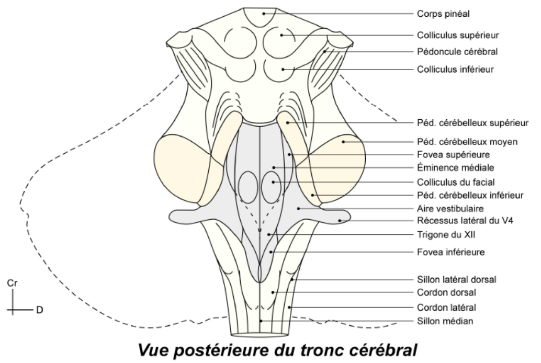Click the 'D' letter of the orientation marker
(x=39, y=310)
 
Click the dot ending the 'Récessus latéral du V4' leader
(x=340, y=220)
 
